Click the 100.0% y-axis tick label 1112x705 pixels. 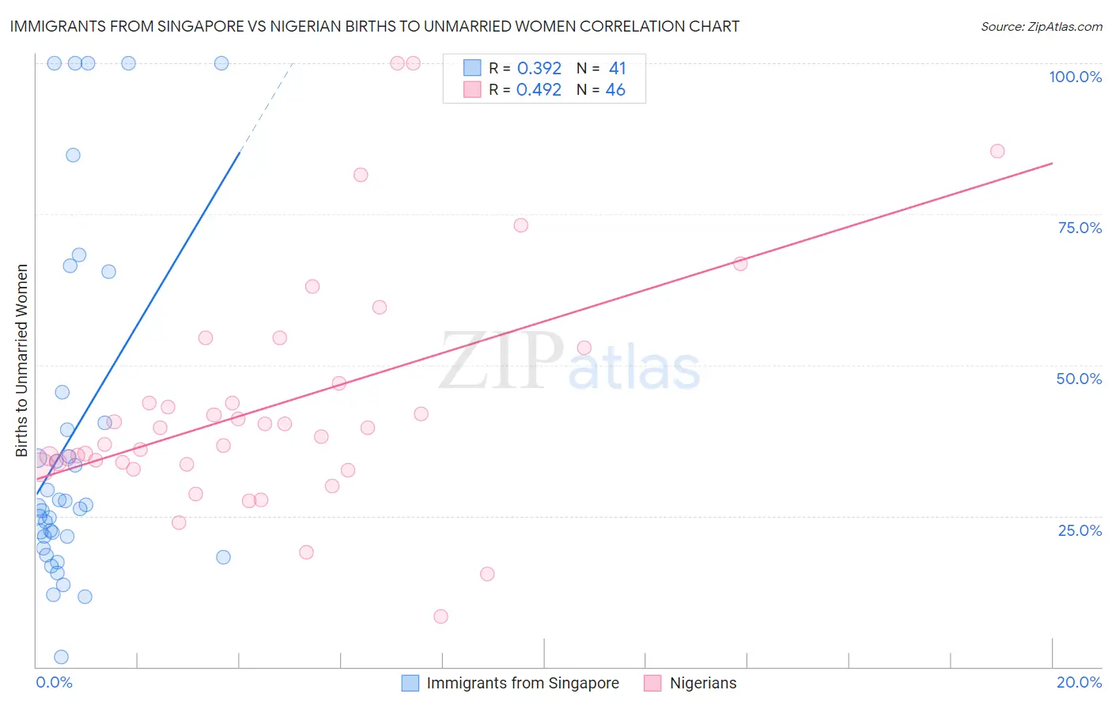[x=1075, y=77]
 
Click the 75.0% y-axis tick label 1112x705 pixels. [x=1080, y=228]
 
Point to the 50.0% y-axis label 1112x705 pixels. [x=1079, y=379]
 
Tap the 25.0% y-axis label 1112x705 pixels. [x=1080, y=530]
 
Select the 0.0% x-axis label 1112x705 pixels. [x=54, y=682]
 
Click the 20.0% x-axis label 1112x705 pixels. [x=1079, y=682]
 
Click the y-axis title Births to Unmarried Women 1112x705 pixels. [x=21, y=360]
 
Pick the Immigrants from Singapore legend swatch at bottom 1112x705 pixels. [x=410, y=683]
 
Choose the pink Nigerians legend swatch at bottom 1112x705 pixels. [x=652, y=683]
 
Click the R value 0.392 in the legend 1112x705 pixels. [x=539, y=69]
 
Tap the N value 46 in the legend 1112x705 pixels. [x=615, y=90]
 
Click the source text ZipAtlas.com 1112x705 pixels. [x=1041, y=27]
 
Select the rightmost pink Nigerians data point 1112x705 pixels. [x=997, y=151]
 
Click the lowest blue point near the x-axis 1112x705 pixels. [x=61, y=657]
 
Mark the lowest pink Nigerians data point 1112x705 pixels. [x=441, y=616]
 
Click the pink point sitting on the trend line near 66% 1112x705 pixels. [x=740, y=264]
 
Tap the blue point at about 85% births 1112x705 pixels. [x=73, y=155]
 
